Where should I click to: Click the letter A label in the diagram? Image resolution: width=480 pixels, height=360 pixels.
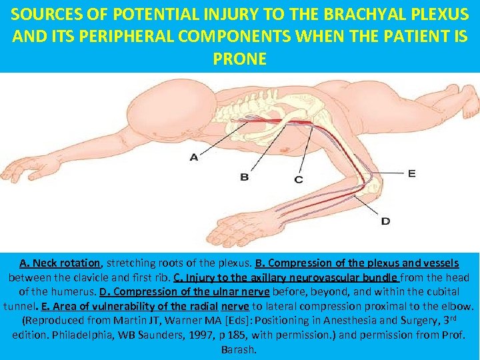(194, 157)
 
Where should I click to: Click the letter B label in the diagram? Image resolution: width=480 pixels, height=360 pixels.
(245, 177)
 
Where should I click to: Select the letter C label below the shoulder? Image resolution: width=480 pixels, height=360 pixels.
(298, 179)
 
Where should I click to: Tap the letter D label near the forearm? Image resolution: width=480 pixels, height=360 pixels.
(385, 221)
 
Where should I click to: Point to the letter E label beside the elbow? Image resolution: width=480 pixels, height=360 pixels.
(411, 173)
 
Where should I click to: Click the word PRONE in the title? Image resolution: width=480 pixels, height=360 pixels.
(239, 59)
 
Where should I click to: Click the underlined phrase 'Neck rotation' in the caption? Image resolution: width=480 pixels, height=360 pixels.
(67, 263)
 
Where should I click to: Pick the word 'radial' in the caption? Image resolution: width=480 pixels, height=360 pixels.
(203, 307)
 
